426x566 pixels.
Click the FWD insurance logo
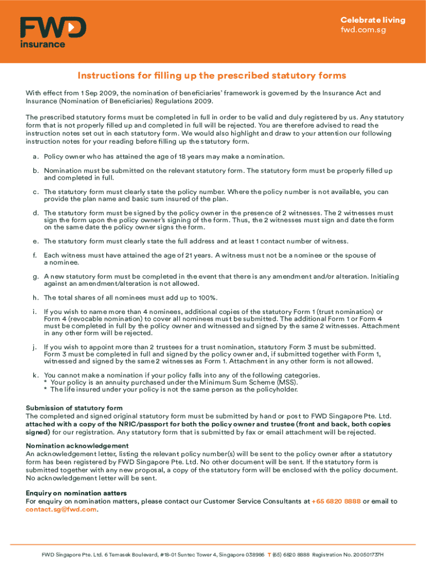point(53,32)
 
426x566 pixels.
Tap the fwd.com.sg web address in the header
point(363,30)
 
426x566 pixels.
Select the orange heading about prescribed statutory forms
point(212,75)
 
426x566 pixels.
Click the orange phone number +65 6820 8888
point(336,501)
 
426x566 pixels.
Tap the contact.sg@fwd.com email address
point(61,510)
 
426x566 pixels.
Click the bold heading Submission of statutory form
point(74,408)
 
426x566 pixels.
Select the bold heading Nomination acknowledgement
point(77,446)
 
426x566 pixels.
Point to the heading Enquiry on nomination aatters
point(76,493)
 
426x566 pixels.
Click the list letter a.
point(35,156)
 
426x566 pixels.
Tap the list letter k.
point(35,375)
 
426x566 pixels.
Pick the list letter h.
point(35,297)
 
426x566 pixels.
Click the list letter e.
point(35,241)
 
